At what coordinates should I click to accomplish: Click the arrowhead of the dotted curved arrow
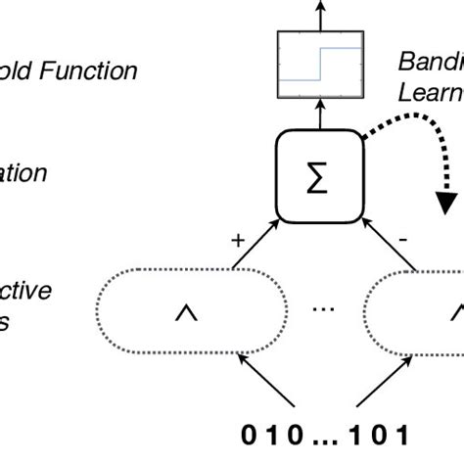tap(446, 200)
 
